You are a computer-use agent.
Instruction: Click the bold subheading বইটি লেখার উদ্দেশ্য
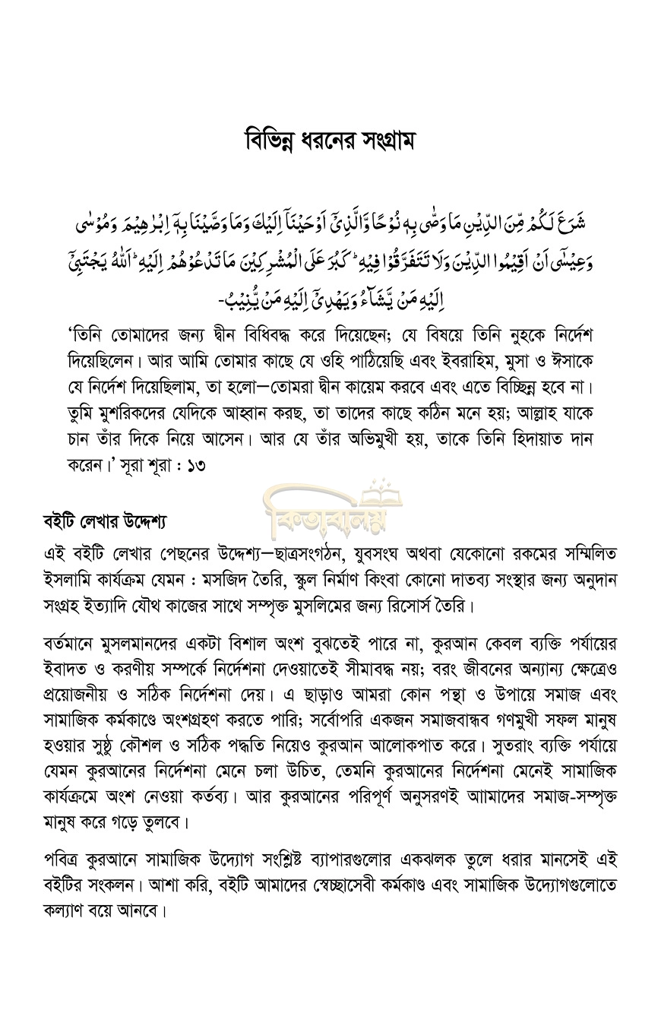coord(105,523)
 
